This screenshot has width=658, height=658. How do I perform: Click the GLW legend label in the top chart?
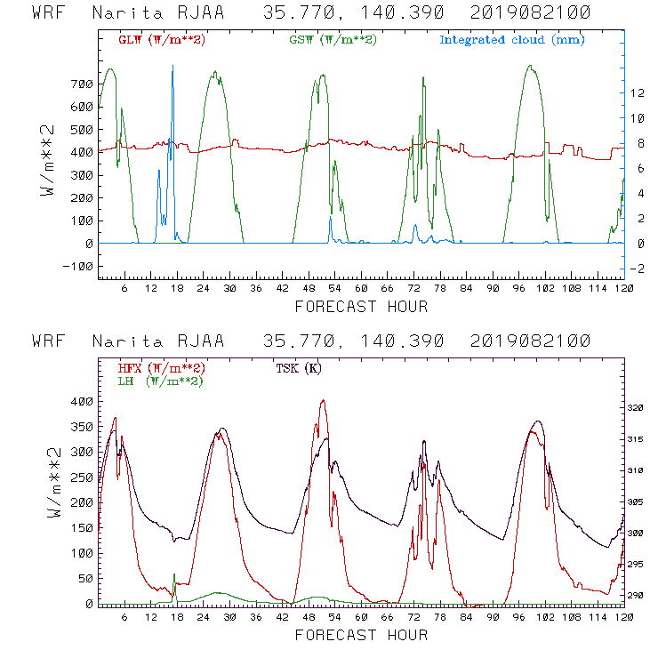(x=162, y=40)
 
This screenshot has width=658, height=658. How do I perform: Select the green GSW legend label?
(x=333, y=40)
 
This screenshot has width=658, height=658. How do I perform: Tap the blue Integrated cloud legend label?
(x=512, y=40)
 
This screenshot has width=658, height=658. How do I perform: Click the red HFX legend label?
(x=162, y=368)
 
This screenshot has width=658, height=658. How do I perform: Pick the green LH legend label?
(x=159, y=381)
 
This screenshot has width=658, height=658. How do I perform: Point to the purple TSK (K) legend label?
(x=299, y=368)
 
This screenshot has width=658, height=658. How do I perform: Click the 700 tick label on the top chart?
(x=79, y=84)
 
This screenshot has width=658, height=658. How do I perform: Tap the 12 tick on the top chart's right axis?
(x=637, y=92)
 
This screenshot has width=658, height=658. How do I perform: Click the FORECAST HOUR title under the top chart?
(x=360, y=307)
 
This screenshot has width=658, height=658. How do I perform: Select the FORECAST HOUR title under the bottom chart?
(x=360, y=635)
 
